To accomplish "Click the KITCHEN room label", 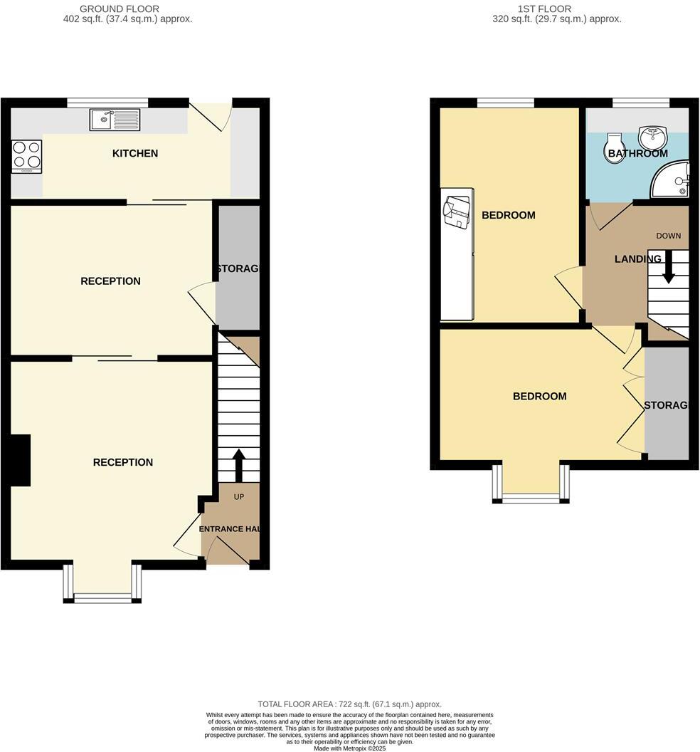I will coord(135,154).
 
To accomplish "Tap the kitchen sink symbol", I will coord(115,120).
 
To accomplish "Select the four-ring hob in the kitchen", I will coord(26,157).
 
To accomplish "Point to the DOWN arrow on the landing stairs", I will coord(669,269).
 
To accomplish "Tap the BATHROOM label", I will coord(637,153).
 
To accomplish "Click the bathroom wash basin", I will coord(653,135).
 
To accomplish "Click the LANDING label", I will coord(637,259).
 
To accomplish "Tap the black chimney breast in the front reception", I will coord(20,460).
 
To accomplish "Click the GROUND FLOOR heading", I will coord(120,9).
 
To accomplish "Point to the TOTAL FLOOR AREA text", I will coord(349,704).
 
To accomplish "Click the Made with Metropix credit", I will coord(349,748).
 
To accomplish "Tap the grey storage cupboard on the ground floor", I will coord(238,268).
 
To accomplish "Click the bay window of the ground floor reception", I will coord(102,584).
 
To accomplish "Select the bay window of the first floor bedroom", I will coord(531,484).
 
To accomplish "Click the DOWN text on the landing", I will coord(669,236).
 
